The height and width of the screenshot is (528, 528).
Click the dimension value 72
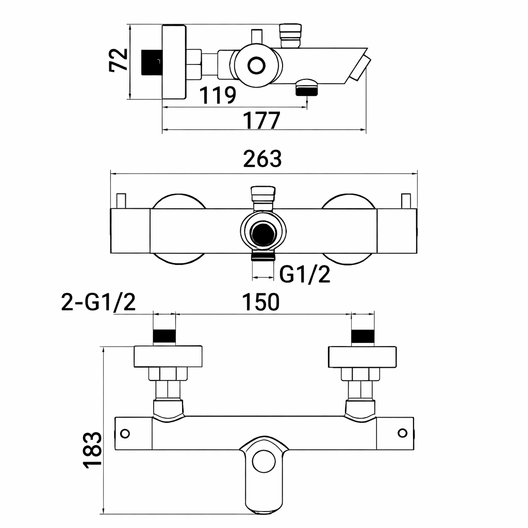[118, 60]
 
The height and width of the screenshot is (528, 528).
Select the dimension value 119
[218, 95]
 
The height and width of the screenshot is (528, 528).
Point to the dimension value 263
[263, 159]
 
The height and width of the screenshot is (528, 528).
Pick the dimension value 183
[92, 450]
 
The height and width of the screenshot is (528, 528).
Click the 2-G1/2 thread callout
[98, 303]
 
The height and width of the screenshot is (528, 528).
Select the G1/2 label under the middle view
[304, 275]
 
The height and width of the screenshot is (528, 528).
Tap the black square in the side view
[152, 62]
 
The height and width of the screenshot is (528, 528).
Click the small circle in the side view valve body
[256, 65]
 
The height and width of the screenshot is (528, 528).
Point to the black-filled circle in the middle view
[263, 233]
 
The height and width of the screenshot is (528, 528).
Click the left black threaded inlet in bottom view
[165, 336]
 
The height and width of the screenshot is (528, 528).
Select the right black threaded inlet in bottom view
[362, 336]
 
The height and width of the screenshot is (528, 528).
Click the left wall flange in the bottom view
[168, 356]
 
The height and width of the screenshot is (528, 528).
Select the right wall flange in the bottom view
[362, 356]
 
